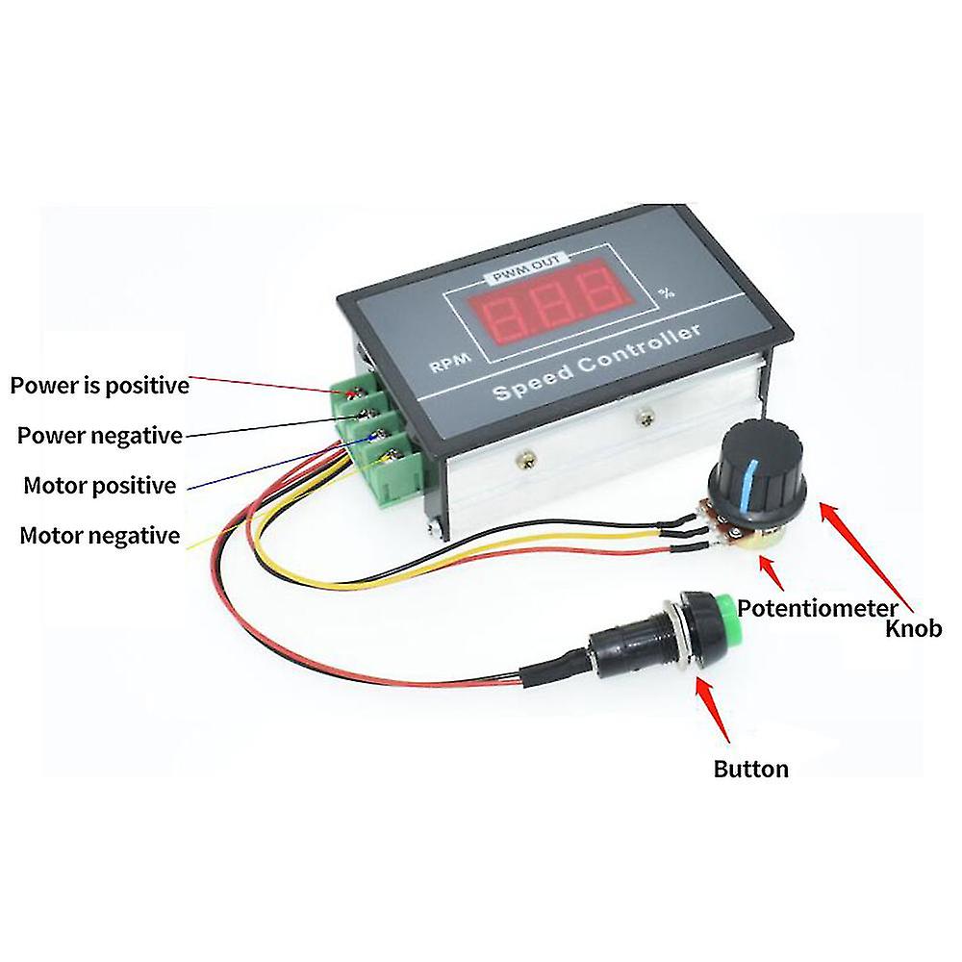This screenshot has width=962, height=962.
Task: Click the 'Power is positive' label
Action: (x=100, y=386)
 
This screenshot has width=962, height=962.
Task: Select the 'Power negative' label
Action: (x=100, y=436)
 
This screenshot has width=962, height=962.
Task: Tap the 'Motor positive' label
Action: (x=100, y=486)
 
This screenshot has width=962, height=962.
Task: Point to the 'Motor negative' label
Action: (x=100, y=536)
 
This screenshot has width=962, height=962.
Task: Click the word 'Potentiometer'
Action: (x=818, y=609)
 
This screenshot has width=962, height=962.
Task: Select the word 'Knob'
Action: (x=914, y=629)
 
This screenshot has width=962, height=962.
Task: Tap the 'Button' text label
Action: (x=751, y=770)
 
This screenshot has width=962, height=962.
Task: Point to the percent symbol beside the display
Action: (x=667, y=292)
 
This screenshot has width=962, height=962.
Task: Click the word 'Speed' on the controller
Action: (x=533, y=381)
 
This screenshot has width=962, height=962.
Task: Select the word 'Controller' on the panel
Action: (x=640, y=348)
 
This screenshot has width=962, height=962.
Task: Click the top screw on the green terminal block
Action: (x=352, y=393)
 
